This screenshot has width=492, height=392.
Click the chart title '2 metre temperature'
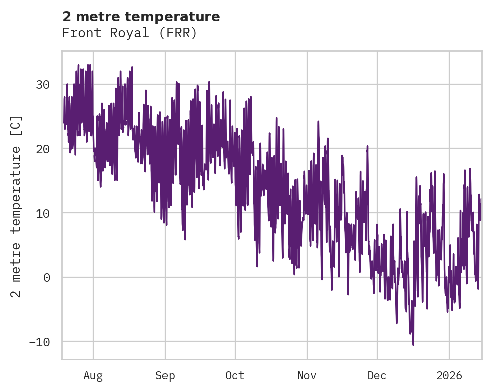[141, 17]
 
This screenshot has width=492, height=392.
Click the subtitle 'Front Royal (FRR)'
[129, 33]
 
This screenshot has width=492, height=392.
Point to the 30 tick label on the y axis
[42, 84]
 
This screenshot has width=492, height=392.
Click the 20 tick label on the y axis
[42, 149]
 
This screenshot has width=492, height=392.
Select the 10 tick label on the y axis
[42, 213]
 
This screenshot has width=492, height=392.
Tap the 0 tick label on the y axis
[47, 277]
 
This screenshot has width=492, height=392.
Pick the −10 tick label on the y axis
[40, 342]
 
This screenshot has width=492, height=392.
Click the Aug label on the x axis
[93, 376]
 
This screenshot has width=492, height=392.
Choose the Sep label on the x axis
[165, 376]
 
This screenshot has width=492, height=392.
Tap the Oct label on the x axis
[235, 376]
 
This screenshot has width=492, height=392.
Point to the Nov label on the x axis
[307, 376]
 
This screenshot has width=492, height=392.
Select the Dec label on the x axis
[377, 376]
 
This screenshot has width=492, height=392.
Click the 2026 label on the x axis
[449, 376]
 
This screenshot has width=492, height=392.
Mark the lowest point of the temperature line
[413, 345]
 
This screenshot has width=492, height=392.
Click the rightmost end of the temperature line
[481, 199]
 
